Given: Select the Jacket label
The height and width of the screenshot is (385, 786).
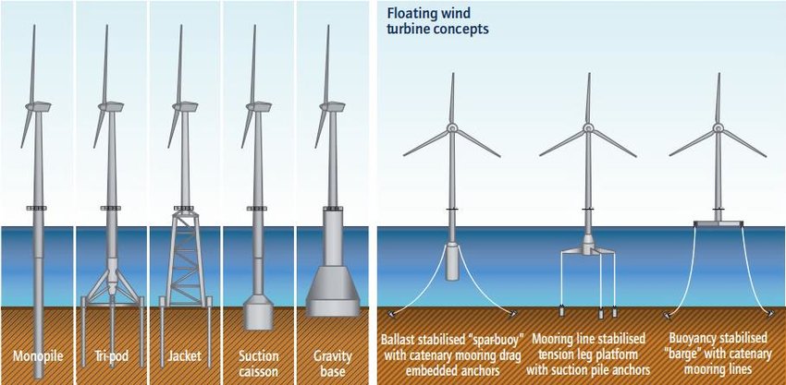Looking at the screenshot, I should click(184, 355).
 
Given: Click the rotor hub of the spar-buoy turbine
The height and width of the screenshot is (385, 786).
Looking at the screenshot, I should click(452, 128).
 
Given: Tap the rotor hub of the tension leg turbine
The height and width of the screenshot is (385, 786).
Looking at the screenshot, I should click(587, 128).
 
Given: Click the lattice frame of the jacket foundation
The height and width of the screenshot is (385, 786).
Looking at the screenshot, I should click(184, 259).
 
